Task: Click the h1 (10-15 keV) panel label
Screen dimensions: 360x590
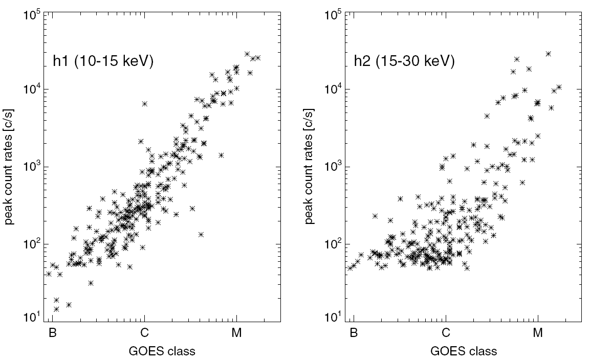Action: pos(103,62)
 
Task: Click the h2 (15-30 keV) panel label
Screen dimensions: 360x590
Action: pos(404,62)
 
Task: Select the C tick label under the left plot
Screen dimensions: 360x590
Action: pos(145,333)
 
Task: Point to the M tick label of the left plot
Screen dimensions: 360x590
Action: pos(236,333)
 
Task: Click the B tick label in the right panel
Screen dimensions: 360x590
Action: pos(353,333)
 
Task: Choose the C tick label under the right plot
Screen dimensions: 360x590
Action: pos(446,333)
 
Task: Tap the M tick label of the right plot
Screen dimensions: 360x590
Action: pos(538,333)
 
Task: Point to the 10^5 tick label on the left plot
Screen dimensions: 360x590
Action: pos(32,14)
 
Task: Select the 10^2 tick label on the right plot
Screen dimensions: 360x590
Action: pos(333,245)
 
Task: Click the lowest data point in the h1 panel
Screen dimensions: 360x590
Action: pos(56,309)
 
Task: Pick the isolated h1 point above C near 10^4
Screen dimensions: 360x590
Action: pos(145,103)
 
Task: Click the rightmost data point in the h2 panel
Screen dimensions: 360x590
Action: pos(559,87)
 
